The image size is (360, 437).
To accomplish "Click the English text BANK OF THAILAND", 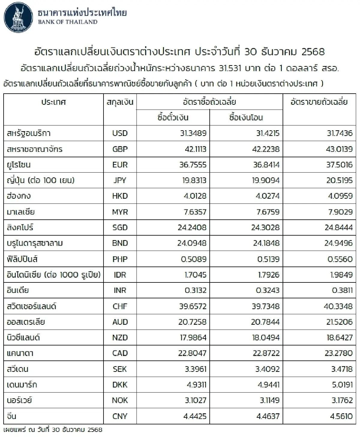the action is point(68,22).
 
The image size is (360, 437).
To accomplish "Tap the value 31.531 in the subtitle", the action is point(230,68).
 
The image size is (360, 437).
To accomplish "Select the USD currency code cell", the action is point(120,133).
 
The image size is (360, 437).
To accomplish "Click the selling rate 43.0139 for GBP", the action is point(339,149).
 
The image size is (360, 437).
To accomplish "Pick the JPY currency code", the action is point(120,180).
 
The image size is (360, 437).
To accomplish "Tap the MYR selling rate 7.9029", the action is point(340,212).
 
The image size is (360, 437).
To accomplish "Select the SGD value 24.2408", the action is point(192,228).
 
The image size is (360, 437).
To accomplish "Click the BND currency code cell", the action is point(120,243).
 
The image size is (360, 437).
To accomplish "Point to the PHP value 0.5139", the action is point(268,259).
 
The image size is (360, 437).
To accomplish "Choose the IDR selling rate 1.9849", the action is point(341,275).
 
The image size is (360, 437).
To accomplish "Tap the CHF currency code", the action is point(120,306).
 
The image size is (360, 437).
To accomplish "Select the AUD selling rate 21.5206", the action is point(339,322).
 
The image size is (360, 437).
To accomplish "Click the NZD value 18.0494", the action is point(266,338).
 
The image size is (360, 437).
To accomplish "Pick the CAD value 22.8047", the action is point(192,353).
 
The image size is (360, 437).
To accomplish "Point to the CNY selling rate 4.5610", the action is point(341,416).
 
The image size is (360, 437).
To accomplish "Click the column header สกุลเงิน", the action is point(120,102).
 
